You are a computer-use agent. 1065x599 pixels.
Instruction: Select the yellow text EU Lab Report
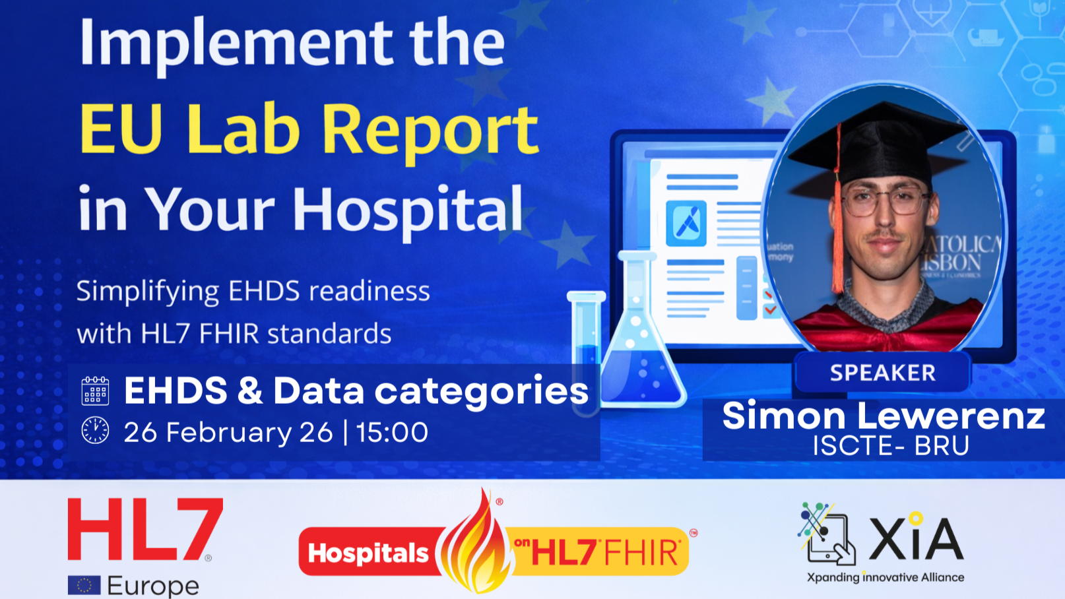tap(309, 129)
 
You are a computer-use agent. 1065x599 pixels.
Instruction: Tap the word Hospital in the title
tap(408, 210)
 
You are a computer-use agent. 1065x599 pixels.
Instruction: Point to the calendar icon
tap(95, 391)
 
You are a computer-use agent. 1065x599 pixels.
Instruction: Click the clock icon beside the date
tap(95, 431)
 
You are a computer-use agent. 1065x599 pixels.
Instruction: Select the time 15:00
tap(393, 433)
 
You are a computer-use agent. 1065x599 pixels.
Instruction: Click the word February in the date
tap(228, 433)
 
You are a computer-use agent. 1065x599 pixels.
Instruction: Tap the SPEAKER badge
tap(882, 373)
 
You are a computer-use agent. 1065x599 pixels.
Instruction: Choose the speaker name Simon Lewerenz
tap(883, 416)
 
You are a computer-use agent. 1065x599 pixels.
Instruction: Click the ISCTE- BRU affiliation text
tap(890, 446)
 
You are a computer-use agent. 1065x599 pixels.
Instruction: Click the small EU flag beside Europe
tap(84, 585)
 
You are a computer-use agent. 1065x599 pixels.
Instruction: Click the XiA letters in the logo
tap(916, 538)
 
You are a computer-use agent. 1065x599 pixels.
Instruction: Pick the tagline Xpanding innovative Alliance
tap(886, 578)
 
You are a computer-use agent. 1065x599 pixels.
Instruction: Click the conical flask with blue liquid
tap(639, 350)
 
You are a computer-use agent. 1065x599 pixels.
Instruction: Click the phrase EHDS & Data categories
tap(356, 391)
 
